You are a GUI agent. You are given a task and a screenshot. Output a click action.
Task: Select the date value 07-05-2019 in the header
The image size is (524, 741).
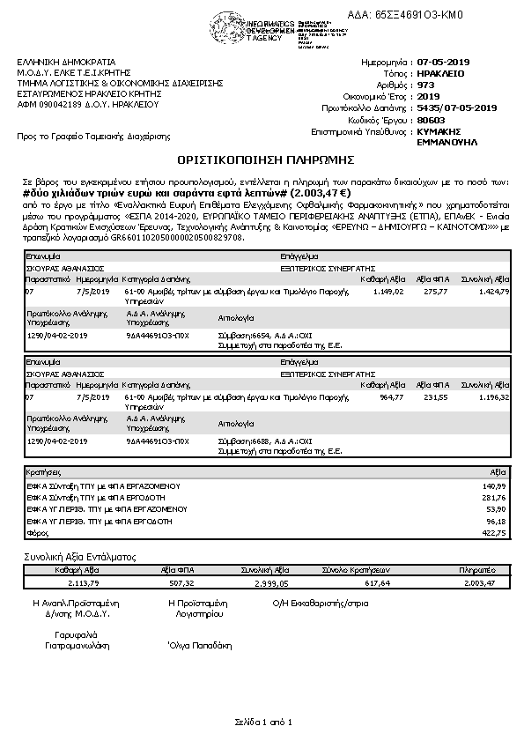pyautogui.click(x=445, y=62)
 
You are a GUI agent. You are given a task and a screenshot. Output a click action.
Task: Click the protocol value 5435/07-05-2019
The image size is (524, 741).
pyautogui.click(x=457, y=107)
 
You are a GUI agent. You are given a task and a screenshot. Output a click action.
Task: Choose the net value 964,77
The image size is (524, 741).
pyautogui.click(x=391, y=397)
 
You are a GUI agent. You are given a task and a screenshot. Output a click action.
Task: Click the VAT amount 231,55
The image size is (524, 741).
pyautogui.click(x=437, y=397)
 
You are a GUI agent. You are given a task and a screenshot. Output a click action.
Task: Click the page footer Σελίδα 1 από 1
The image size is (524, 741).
pyautogui.click(x=262, y=722)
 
